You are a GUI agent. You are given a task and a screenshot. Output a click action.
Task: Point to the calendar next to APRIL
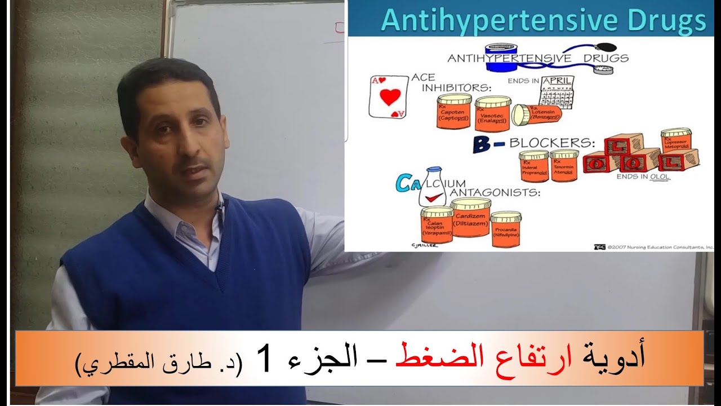[x=556, y=96]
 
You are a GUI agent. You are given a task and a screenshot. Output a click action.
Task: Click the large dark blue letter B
[x=481, y=145]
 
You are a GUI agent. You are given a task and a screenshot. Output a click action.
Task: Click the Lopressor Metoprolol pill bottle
[x=676, y=143]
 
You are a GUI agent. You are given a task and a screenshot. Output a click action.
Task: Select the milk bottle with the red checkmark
[x=433, y=189]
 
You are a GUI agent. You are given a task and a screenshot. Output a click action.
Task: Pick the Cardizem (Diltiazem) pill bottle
[x=470, y=217]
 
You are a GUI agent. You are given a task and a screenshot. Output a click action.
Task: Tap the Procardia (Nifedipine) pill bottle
[x=505, y=230]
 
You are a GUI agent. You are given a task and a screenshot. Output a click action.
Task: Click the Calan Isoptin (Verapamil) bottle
[x=437, y=227]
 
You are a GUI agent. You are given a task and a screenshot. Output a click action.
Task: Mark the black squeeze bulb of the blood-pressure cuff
[x=608, y=47]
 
